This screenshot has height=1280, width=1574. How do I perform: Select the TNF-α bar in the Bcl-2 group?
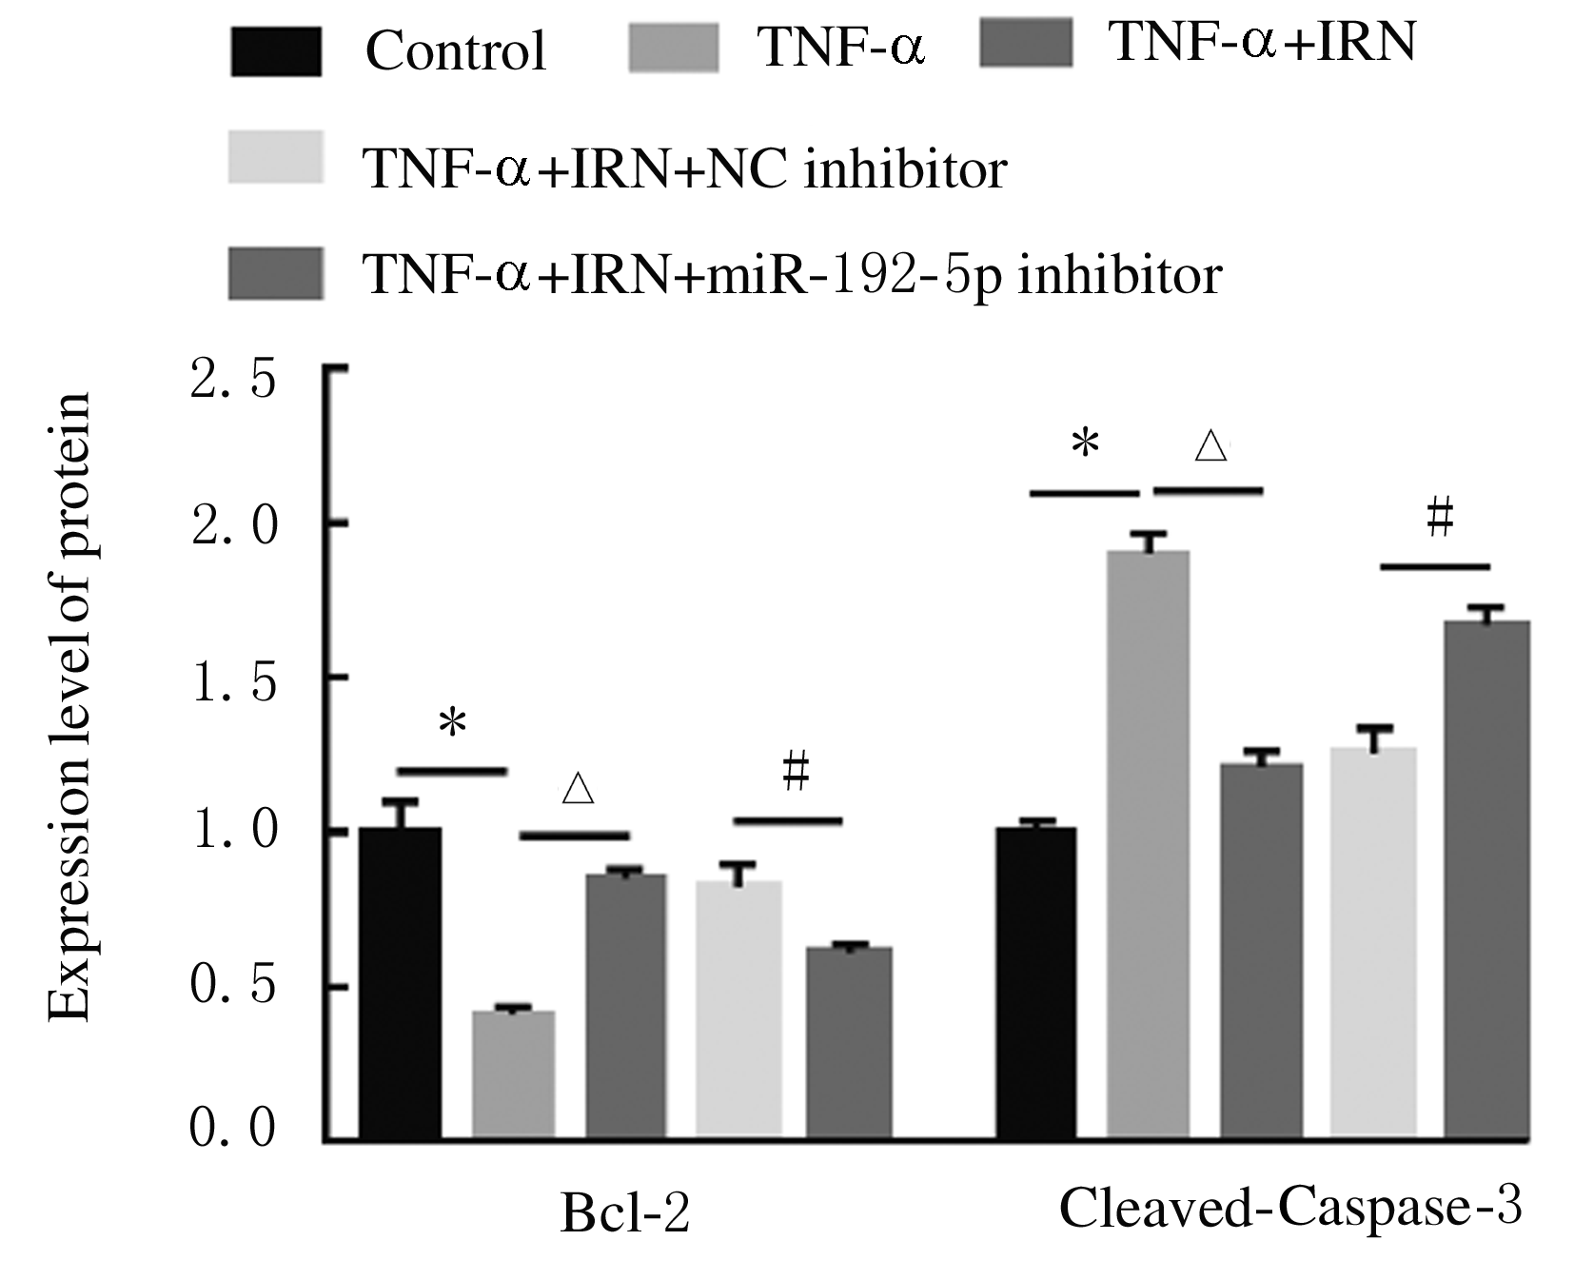[x=514, y=1074]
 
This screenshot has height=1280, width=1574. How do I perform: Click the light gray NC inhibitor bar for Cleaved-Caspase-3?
[x=1373, y=943]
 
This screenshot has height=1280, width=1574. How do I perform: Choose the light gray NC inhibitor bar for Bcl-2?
[x=739, y=1009]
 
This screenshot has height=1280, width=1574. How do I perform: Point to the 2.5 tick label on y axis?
[x=233, y=379]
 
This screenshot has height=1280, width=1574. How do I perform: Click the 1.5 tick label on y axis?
[x=233, y=684]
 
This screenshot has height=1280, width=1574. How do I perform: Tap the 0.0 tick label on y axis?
[x=233, y=1129]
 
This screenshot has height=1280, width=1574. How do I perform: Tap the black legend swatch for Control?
[x=276, y=51]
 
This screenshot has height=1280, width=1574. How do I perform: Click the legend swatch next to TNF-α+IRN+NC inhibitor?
[x=276, y=157]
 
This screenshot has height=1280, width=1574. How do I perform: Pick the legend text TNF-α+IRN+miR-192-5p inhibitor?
[x=792, y=275]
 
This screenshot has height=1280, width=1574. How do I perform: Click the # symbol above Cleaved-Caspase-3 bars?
[x=1440, y=520]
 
